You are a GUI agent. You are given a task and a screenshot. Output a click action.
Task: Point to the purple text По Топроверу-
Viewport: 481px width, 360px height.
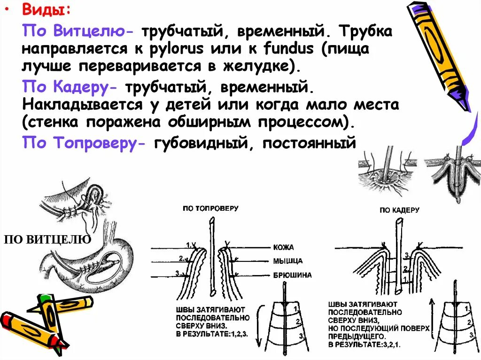coord(85,143)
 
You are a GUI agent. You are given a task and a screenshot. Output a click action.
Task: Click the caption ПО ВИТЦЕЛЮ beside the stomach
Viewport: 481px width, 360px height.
coord(47,240)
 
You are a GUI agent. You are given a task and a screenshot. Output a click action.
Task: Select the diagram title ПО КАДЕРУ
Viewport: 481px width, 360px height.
coord(399,210)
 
